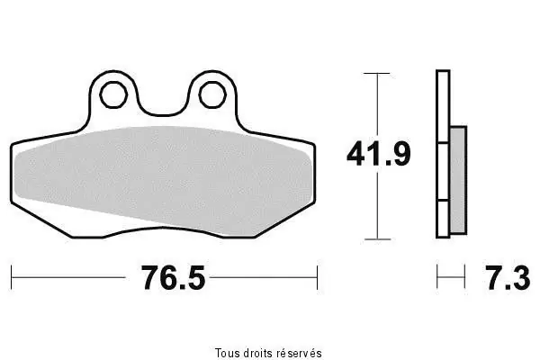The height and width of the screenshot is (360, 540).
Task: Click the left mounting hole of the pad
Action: point(113,94)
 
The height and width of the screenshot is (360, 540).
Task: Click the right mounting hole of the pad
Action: point(212,94)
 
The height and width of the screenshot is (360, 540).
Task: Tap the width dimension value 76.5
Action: point(173,278)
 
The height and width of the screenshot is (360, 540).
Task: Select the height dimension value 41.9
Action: point(379,154)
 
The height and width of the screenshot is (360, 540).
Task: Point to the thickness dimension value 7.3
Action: point(508,278)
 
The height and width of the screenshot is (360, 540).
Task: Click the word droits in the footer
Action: point(258,353)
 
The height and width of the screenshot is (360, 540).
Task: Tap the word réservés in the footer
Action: point(300,353)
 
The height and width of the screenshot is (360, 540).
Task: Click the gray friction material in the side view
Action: point(458,180)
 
